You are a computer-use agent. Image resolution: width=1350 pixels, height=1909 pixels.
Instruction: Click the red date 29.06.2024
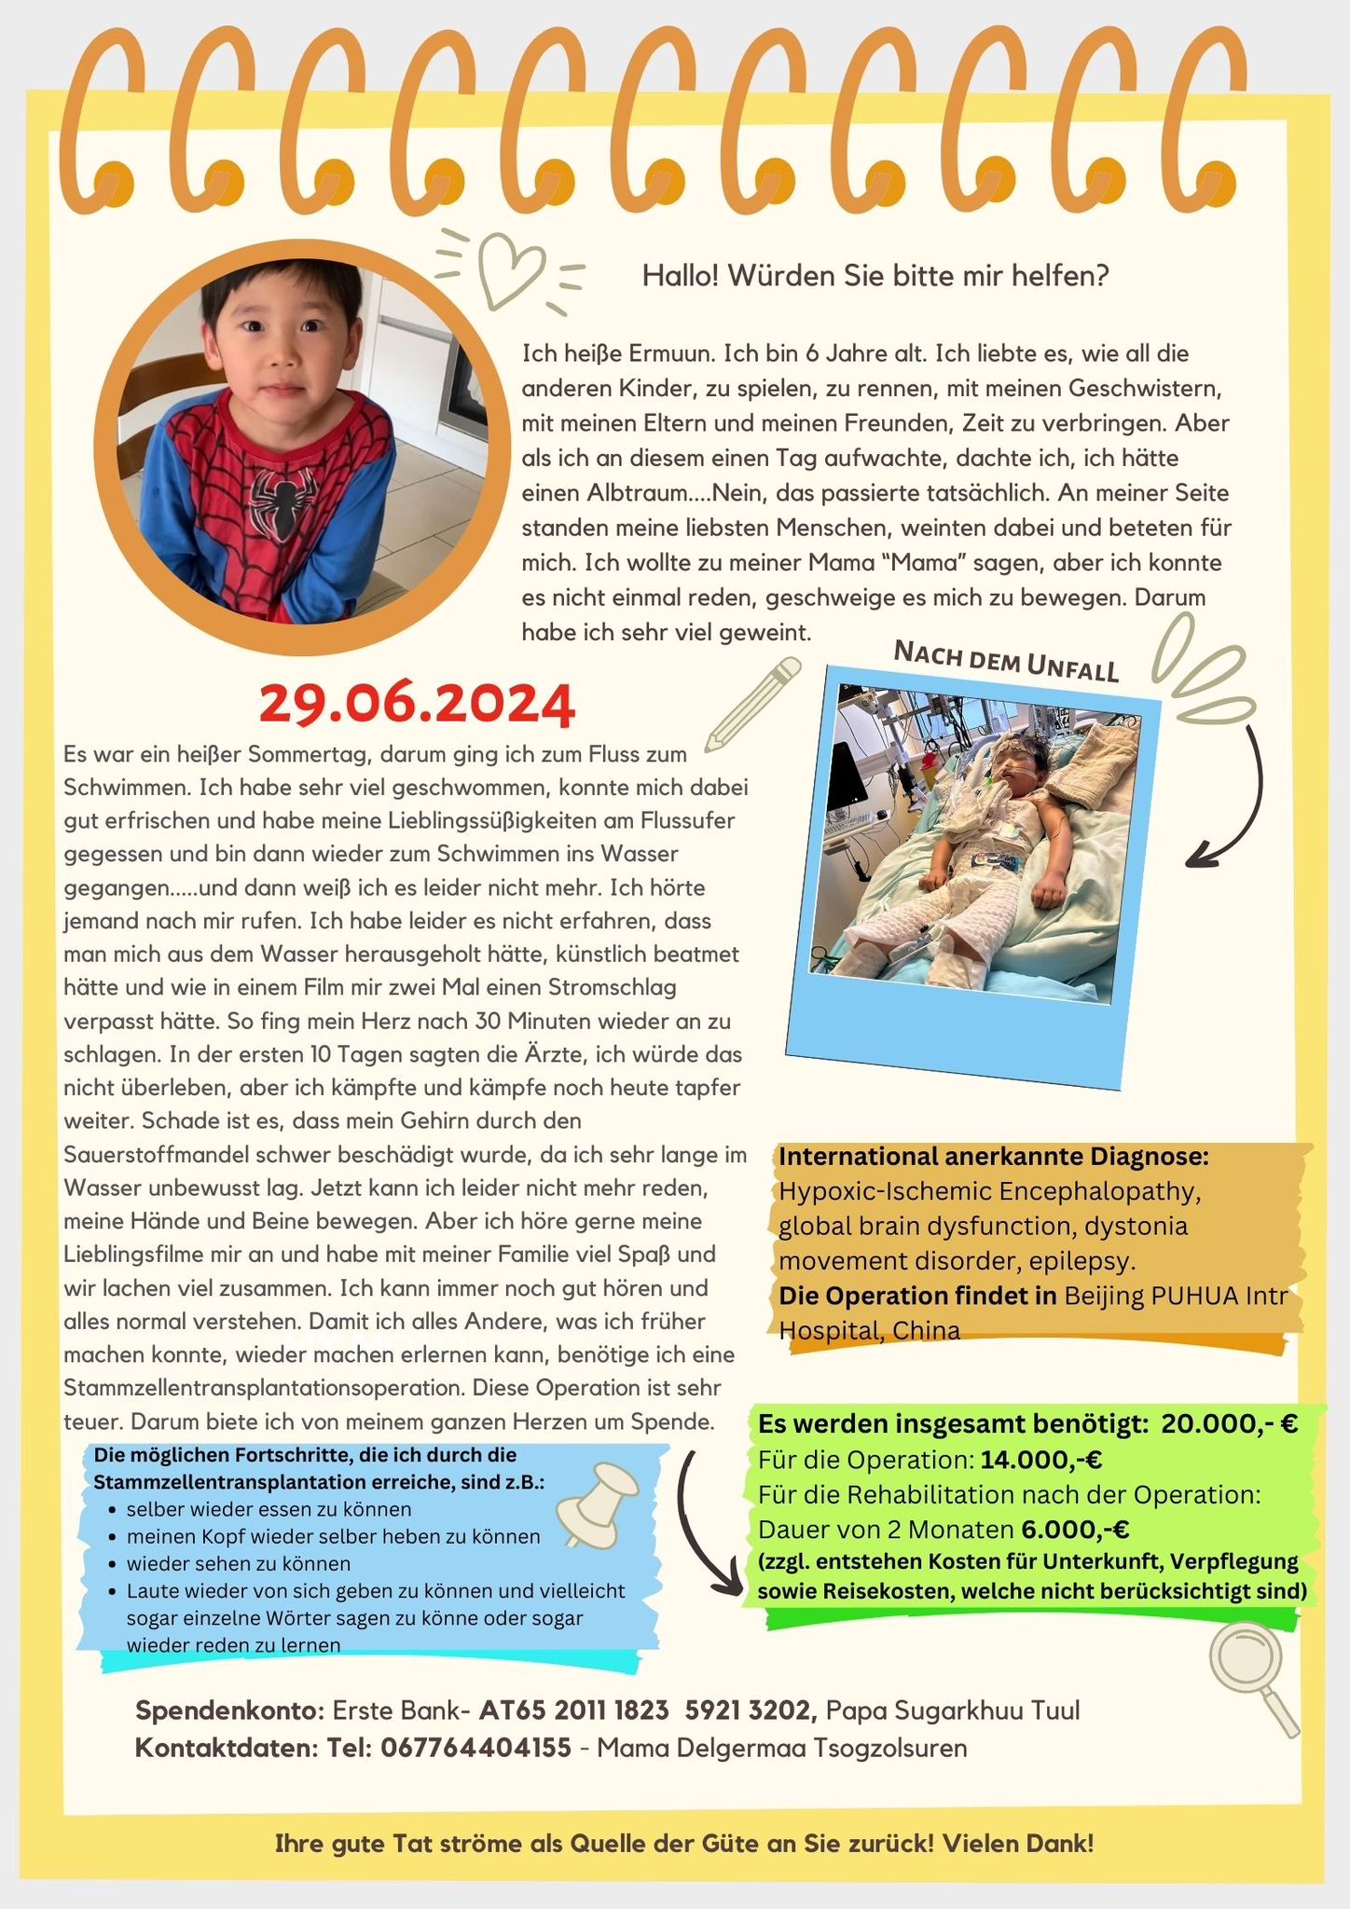417,706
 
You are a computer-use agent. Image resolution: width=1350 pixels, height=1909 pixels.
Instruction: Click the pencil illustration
753,704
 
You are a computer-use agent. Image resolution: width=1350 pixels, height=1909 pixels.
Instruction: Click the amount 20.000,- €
1230,1424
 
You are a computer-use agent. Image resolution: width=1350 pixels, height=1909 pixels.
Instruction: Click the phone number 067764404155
475,1748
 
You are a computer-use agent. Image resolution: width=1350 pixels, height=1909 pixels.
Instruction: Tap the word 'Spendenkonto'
227,1711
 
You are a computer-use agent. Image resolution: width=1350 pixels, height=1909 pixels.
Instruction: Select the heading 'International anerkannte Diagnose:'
994,1157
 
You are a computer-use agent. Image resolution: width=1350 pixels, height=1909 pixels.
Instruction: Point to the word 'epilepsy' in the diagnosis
1093,1262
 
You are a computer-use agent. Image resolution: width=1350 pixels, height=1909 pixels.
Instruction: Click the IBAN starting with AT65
649,1711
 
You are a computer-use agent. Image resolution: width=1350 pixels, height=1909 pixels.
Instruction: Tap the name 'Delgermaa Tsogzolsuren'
781,1748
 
